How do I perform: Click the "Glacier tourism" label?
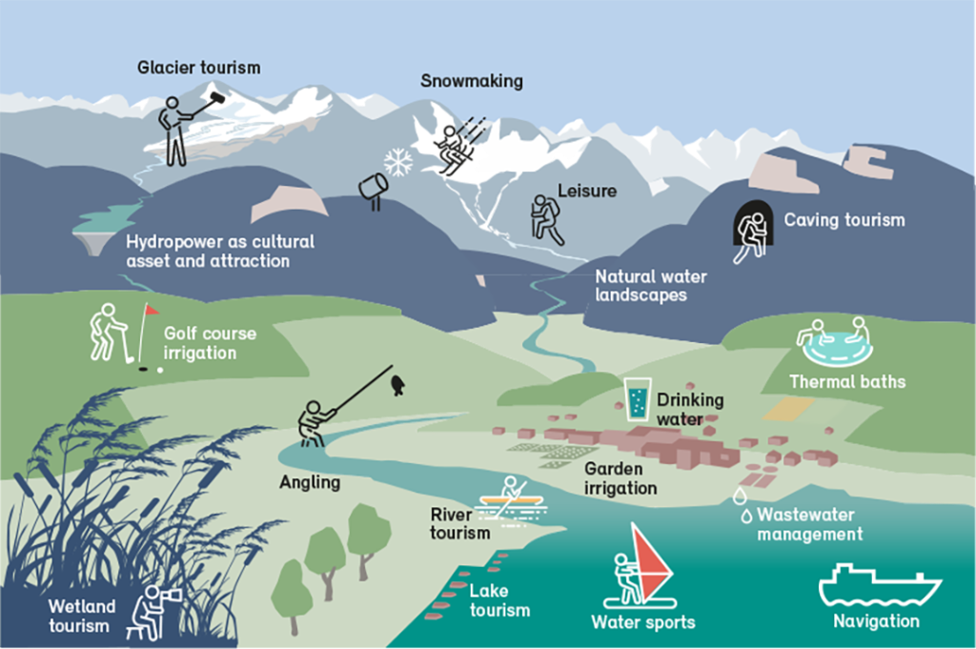199,68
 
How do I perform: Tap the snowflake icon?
398,162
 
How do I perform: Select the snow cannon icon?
374,189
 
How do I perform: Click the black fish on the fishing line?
397,386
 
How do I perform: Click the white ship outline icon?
880,585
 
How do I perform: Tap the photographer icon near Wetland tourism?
153,612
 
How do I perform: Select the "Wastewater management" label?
810,524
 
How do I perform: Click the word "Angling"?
310,482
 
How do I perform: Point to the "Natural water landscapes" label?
650,286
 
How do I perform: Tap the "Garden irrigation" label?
620,478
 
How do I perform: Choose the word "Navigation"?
877,621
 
